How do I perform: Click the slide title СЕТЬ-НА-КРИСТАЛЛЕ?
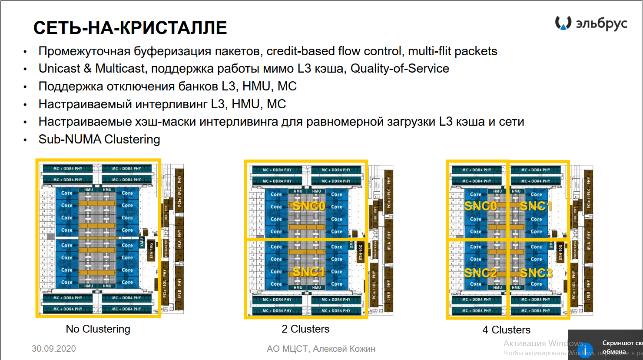coord(130,28)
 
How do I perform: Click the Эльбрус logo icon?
coord(563,23)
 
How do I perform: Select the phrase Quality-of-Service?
coord(400,69)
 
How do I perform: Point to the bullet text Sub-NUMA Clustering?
coord(99,139)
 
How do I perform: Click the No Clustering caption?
coord(98,329)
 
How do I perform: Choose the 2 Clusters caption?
coord(305,329)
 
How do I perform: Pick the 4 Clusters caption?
coord(506,330)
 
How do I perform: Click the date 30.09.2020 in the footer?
coord(54,349)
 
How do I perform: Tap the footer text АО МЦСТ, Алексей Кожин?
coord(321,349)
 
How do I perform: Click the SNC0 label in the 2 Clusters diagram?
coord(309,206)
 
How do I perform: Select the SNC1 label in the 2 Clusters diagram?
coord(309,272)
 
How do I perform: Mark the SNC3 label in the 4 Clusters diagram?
coord(536,273)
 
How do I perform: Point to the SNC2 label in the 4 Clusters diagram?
coord(481,273)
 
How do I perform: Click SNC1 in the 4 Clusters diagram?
coord(536,206)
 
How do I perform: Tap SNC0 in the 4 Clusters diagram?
coord(481,206)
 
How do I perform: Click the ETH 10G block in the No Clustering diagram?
coord(152,250)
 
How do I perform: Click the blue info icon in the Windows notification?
coord(585,350)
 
